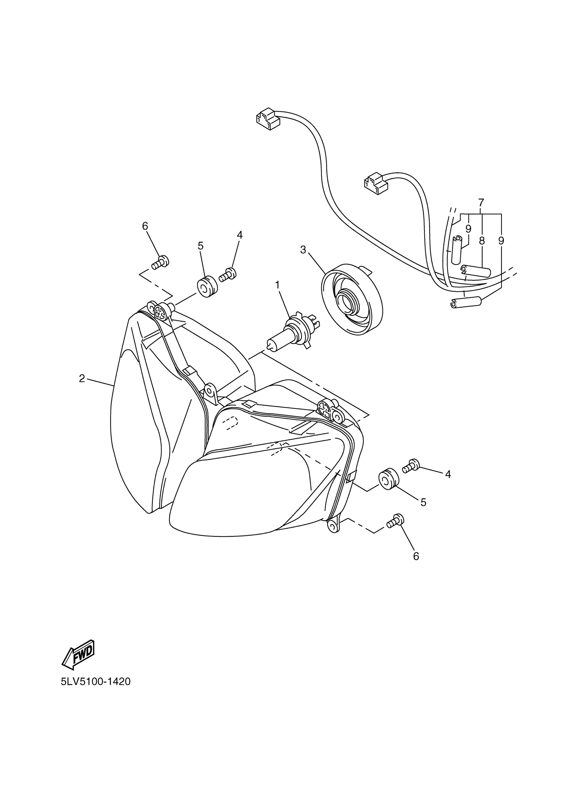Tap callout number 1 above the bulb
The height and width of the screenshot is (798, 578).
[x=277, y=285]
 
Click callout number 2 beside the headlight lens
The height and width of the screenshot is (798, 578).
[x=82, y=378]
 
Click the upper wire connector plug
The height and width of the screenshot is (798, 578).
[x=267, y=119]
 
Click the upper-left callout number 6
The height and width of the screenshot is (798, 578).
[x=145, y=226]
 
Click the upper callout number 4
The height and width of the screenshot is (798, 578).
[x=240, y=235]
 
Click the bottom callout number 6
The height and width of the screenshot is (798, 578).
[x=416, y=556]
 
